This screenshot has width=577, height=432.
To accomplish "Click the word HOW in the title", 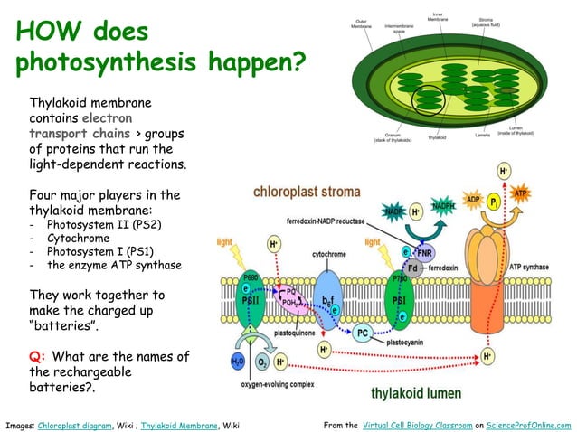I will [50, 33].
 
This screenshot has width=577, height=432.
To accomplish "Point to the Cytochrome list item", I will [78, 239].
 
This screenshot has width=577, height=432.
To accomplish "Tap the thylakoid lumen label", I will [416, 393].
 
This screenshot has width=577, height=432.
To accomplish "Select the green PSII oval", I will [250, 304].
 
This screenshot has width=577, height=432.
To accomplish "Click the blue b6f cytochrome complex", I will [329, 294].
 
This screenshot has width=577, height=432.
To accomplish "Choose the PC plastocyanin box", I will [362, 333].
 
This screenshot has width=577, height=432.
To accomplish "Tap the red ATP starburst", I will [520, 194].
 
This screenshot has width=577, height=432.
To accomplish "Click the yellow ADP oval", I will [472, 199].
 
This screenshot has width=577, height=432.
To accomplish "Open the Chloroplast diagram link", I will [76, 424].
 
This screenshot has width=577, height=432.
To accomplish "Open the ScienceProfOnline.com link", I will [528, 424].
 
